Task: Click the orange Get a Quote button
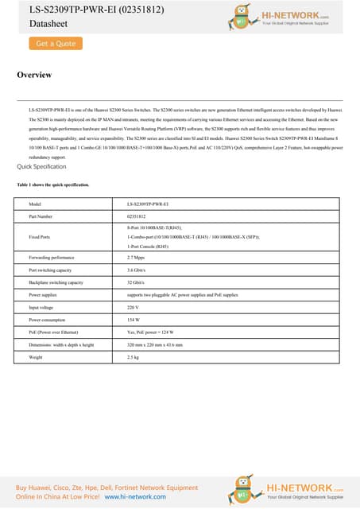56,44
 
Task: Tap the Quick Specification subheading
41,167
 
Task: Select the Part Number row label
41,216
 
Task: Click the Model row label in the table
34,204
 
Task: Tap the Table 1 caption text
53,185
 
